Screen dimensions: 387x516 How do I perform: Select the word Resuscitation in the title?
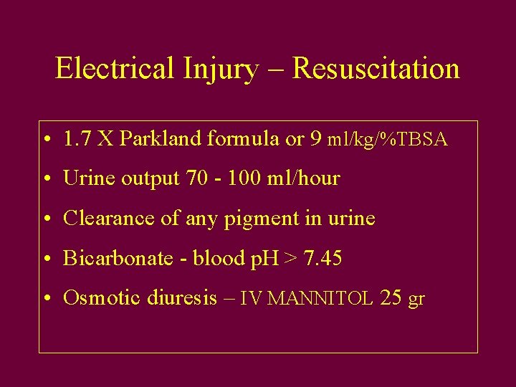point(376,69)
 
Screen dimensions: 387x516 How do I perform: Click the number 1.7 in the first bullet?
point(77,139)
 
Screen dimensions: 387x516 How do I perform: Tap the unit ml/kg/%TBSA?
point(388,140)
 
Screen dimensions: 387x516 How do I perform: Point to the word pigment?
point(254,219)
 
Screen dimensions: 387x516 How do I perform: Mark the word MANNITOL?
point(320,299)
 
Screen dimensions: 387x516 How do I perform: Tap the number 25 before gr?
point(391,297)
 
